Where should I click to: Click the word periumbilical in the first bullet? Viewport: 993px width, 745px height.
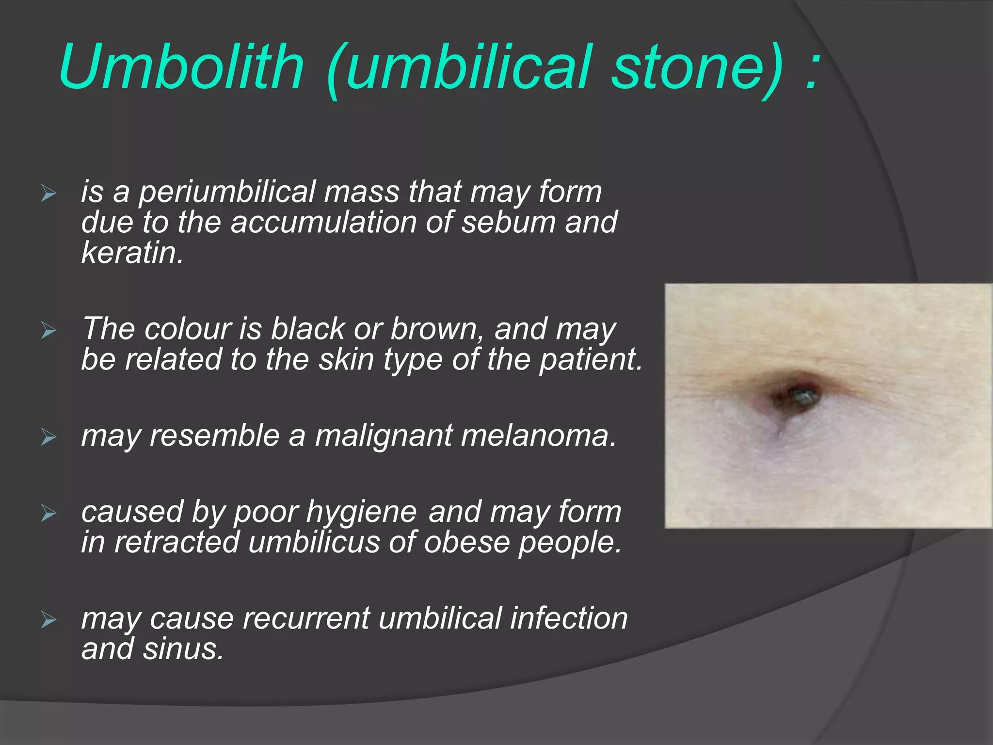click(x=227, y=192)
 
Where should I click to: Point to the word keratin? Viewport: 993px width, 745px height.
click(x=132, y=253)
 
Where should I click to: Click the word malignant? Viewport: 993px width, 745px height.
click(x=384, y=436)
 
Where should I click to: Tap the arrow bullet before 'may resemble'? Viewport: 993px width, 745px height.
click(x=48, y=437)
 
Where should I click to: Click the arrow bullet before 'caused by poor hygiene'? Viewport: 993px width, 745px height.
click(x=48, y=513)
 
